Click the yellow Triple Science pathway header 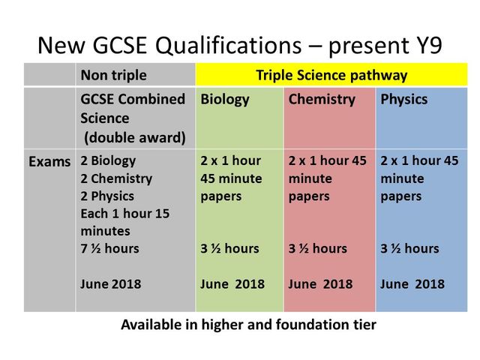331,75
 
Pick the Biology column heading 224,100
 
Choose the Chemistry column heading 321,100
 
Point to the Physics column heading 404,100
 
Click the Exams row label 50,161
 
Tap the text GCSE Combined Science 133,109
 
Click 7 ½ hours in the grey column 109,248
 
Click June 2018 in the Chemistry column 320,284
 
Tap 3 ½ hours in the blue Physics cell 409,248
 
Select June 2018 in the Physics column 412,284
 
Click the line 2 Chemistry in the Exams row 115,178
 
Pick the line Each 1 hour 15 124,213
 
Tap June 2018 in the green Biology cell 232,284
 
